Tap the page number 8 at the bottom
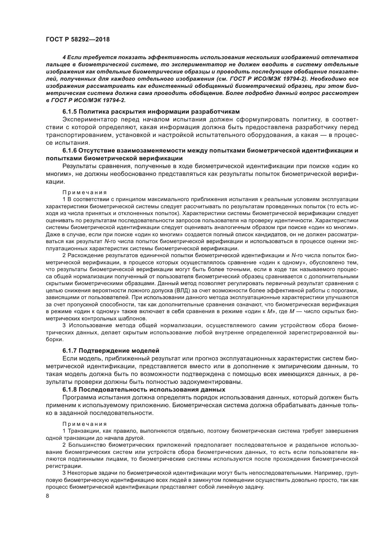[x=47, y=496]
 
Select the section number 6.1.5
[x=69, y=111]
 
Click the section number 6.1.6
[x=69, y=151]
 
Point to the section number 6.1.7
[x=69, y=351]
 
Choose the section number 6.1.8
[x=69, y=390]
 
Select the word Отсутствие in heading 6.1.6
[x=95, y=151]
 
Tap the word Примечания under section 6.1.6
[x=85, y=192]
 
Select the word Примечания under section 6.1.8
[x=85, y=424]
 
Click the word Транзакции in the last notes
[x=82, y=431]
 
